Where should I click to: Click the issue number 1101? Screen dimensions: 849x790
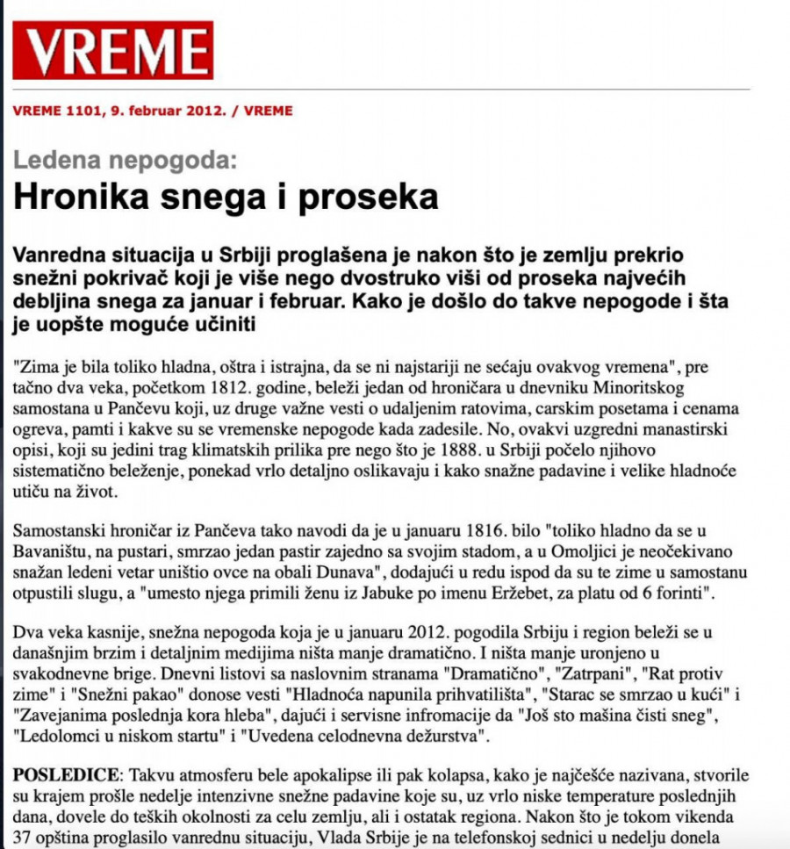[x=83, y=112]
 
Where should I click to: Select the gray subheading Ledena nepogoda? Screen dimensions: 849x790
[x=125, y=161]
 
